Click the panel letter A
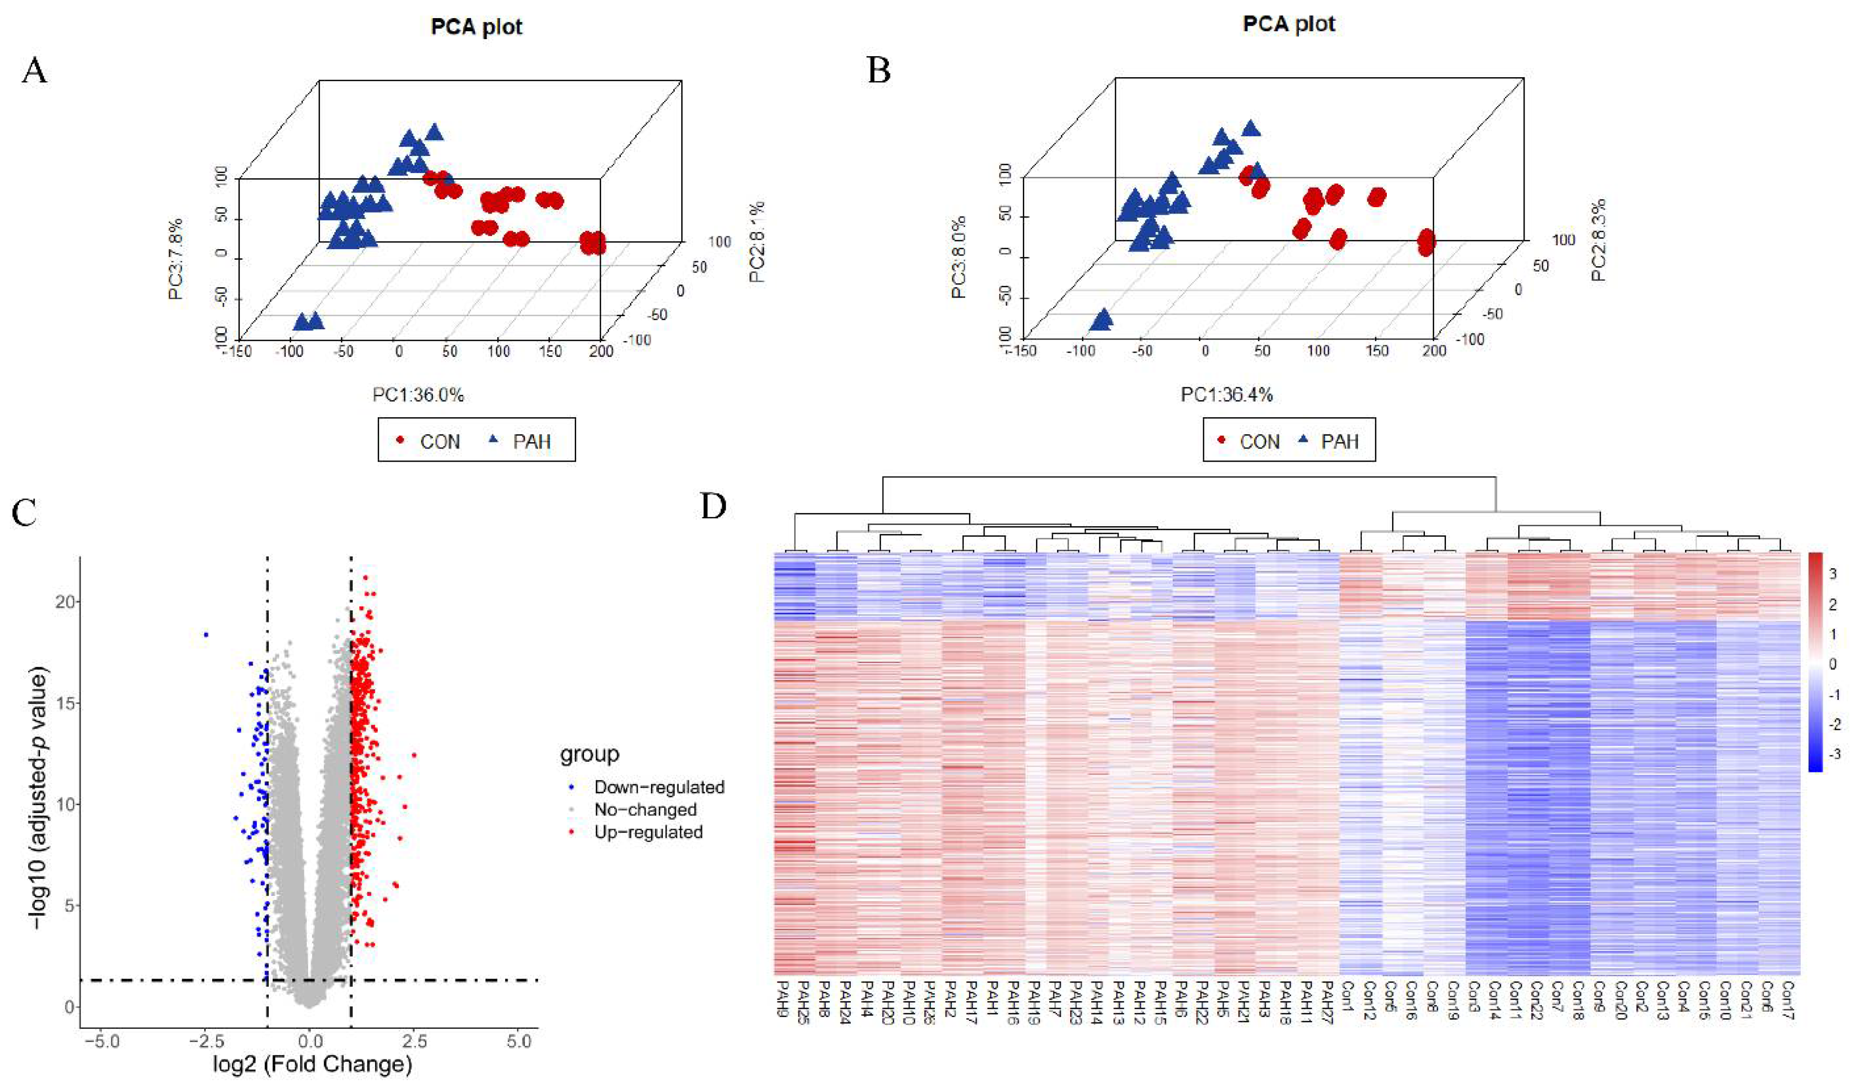click(35, 71)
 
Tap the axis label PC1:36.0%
click(418, 395)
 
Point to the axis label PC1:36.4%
click(1227, 395)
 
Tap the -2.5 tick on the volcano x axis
click(207, 1042)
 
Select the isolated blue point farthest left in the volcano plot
click(207, 634)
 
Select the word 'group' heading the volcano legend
click(589, 754)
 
